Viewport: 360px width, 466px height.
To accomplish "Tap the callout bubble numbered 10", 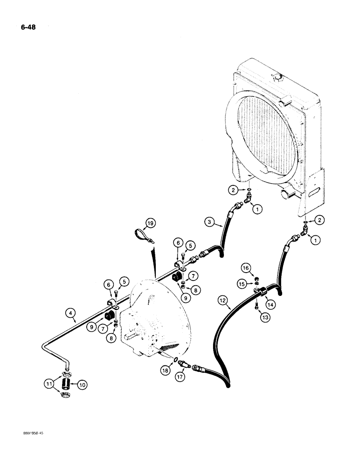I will pyautogui.click(x=82, y=384).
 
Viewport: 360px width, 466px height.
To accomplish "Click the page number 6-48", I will pyautogui.click(x=28, y=27).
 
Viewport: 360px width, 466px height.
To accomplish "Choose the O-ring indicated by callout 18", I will pyautogui.click(x=174, y=359).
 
